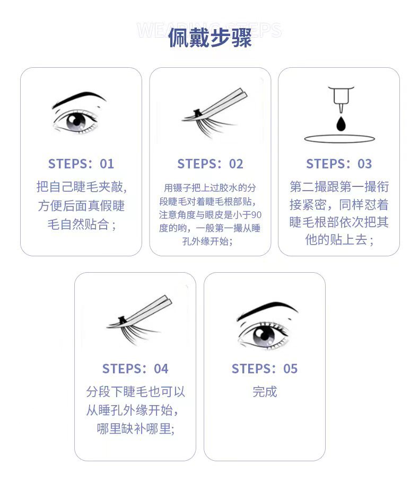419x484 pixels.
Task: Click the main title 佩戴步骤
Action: [210, 38]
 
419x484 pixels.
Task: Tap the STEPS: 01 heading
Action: [81, 164]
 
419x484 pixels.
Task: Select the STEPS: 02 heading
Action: [210, 164]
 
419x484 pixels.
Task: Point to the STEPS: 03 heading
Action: [339, 164]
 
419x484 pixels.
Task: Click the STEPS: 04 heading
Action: [135, 369]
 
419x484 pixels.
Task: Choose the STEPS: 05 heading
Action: [265, 369]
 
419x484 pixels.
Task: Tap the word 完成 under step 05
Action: [265, 392]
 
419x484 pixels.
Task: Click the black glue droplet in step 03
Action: [339, 123]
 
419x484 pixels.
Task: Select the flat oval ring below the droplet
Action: [339, 139]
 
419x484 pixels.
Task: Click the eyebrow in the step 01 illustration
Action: [78, 98]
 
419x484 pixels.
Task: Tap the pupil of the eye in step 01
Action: [76, 121]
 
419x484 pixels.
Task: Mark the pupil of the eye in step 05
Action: [264, 334]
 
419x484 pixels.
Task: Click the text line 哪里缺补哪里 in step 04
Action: [135, 428]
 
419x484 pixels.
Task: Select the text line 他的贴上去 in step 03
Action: [339, 239]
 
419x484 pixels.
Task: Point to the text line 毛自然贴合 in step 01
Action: [81, 223]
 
